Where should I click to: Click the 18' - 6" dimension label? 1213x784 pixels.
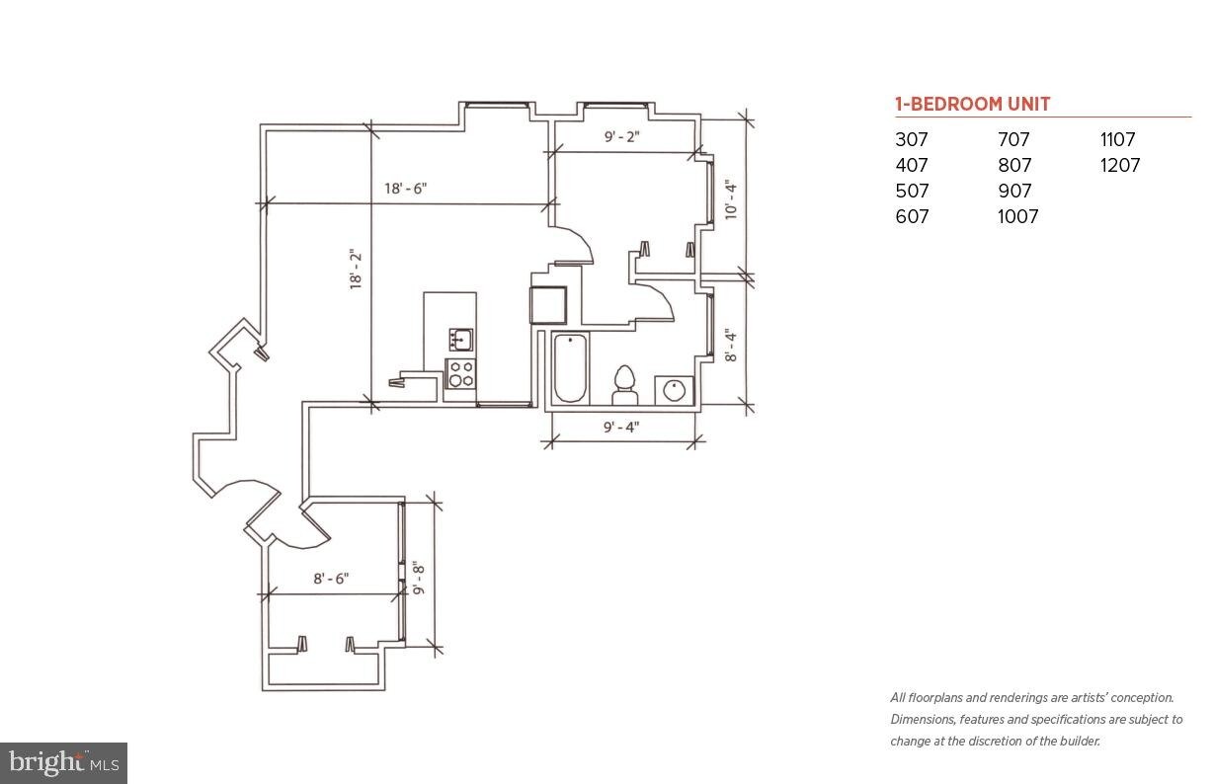[406, 189]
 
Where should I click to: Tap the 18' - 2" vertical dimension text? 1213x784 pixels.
[356, 270]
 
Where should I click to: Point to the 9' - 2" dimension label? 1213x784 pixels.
[621, 136]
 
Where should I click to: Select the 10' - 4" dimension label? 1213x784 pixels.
[731, 199]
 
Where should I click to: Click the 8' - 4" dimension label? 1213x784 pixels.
[731, 345]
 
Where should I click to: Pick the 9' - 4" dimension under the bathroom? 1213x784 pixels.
[621, 428]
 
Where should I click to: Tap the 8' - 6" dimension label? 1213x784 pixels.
[331, 579]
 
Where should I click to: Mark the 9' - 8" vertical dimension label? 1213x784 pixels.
[419, 578]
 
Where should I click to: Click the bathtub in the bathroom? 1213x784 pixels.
[570, 368]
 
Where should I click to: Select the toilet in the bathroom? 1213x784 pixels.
[624, 385]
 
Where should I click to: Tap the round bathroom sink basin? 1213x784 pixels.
[675, 390]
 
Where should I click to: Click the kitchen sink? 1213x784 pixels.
[460, 340]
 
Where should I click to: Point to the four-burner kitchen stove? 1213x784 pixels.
[460, 373]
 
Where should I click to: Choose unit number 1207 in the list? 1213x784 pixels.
[1120, 165]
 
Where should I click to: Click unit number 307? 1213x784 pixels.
[912, 139]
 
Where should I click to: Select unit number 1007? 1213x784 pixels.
[1017, 216]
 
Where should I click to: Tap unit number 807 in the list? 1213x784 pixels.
[1014, 165]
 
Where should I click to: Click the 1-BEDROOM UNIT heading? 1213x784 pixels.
[973, 104]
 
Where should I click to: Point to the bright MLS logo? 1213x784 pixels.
[64, 763]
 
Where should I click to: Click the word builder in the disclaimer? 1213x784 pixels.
[1080, 741]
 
